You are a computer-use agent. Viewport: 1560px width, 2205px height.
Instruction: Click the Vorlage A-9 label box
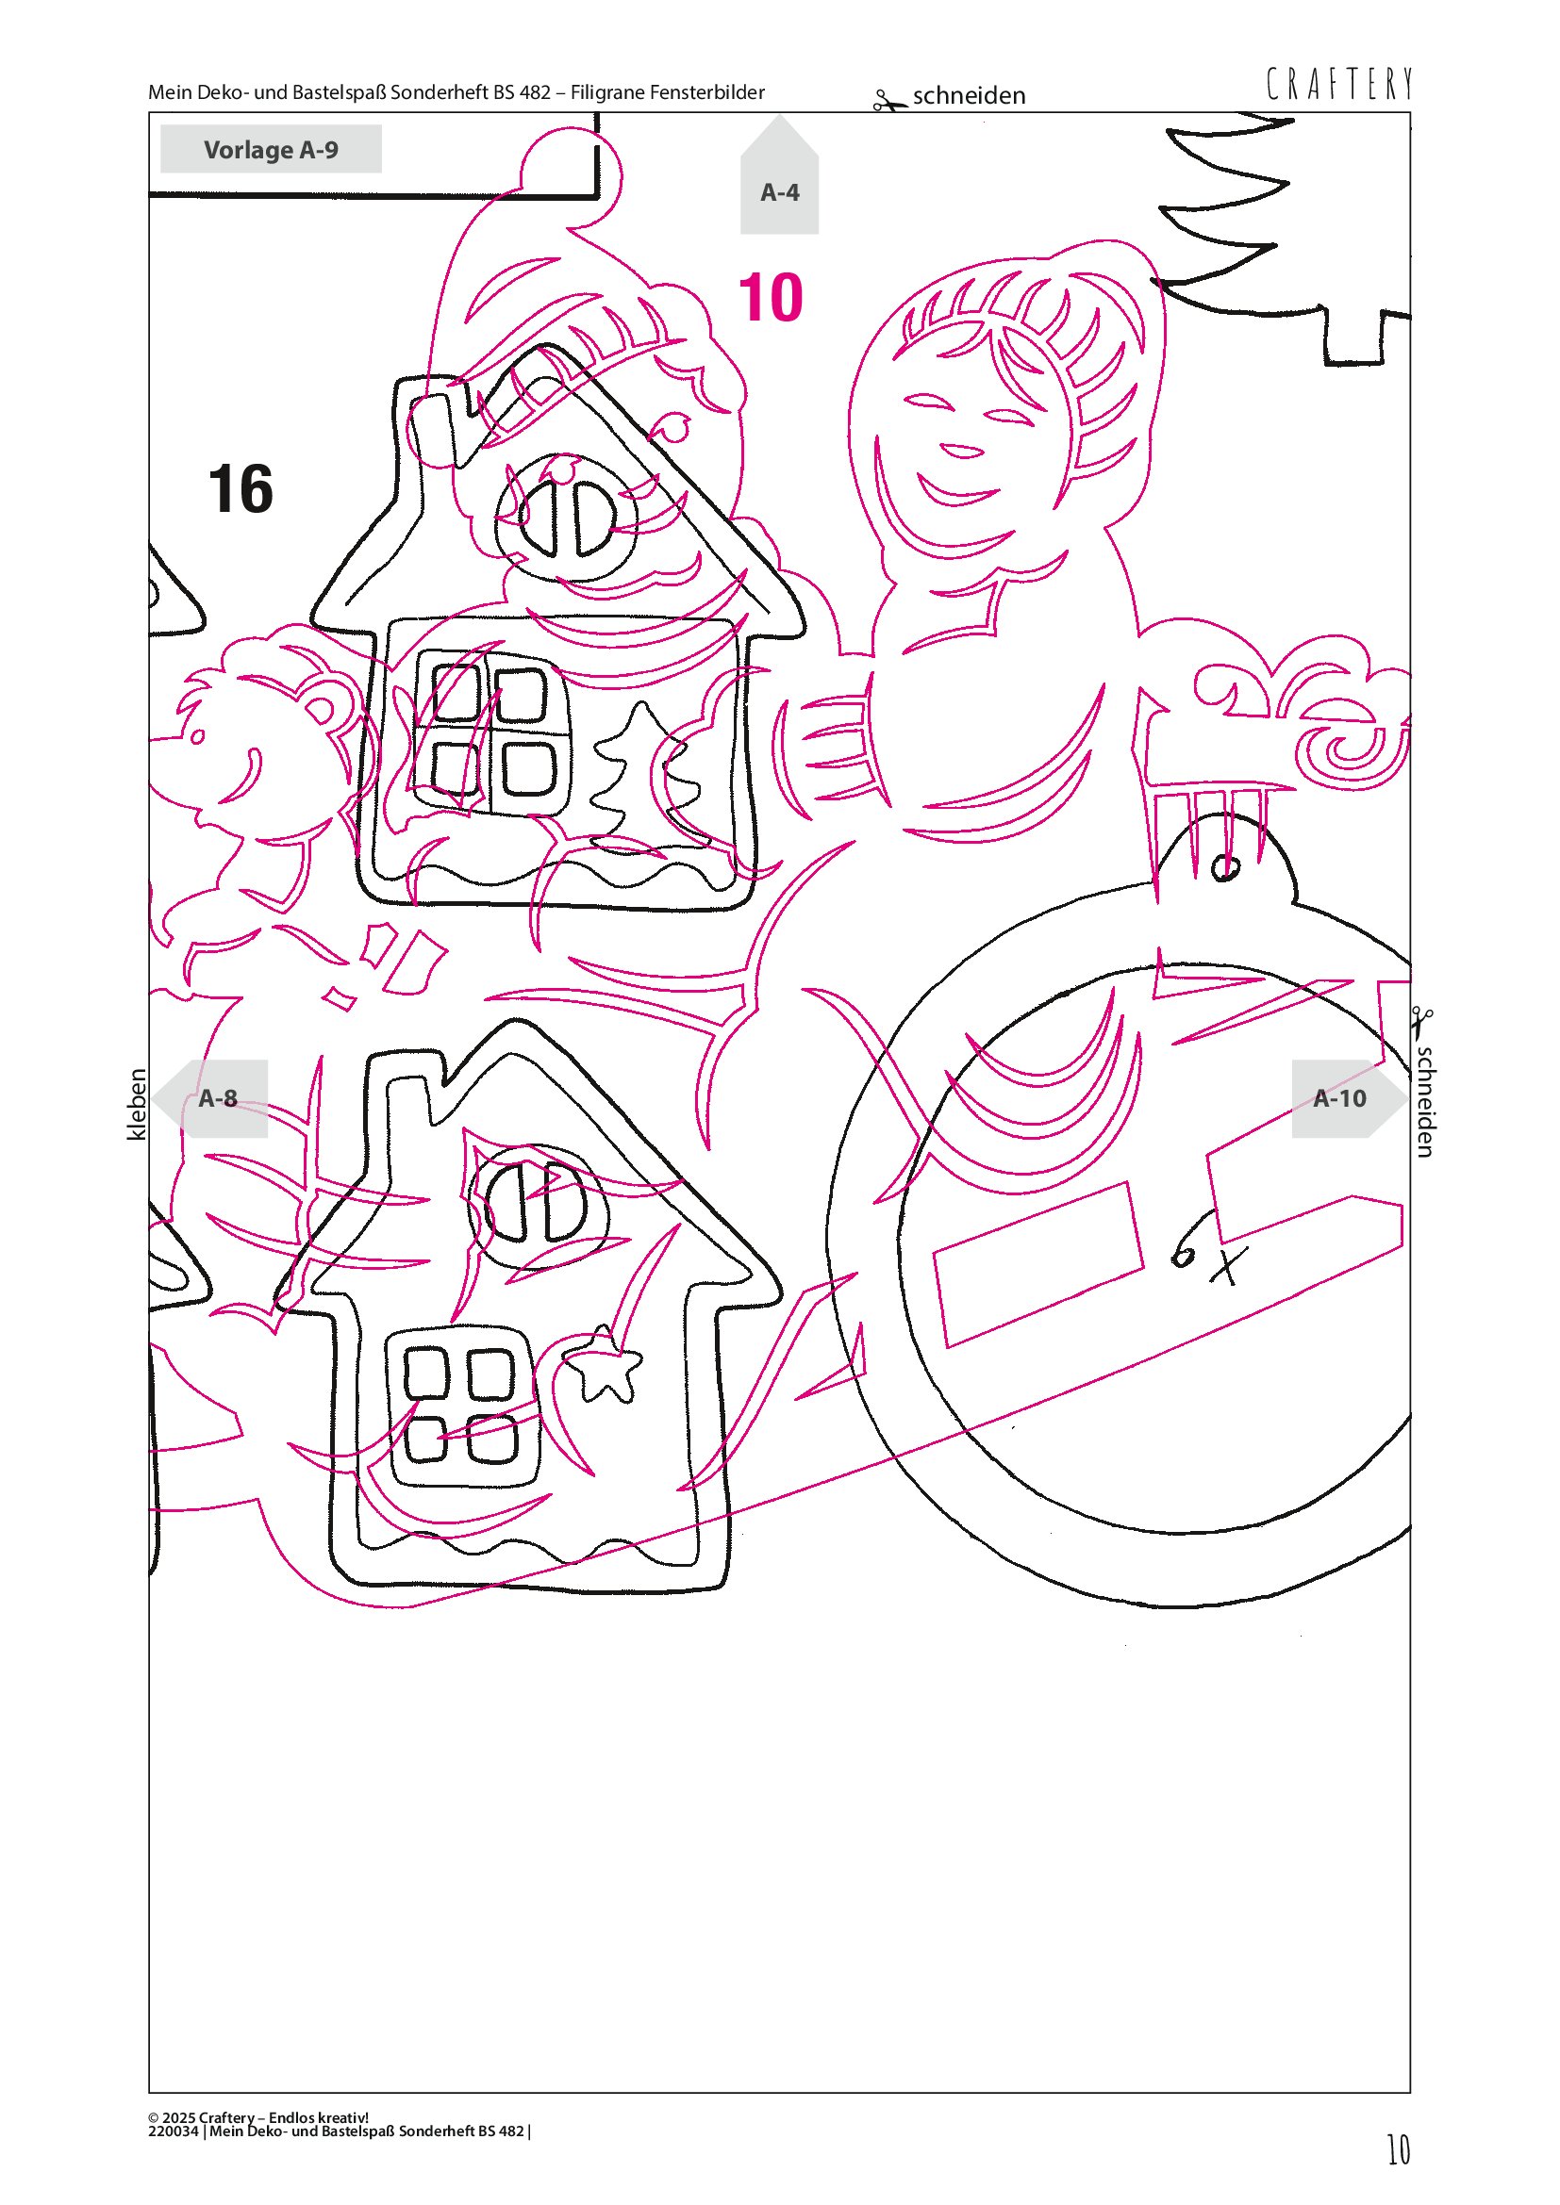pyautogui.click(x=271, y=149)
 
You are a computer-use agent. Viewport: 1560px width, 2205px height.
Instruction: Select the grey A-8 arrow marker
pyautogui.click(x=210, y=1098)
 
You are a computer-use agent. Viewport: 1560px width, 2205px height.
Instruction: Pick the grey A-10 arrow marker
pyautogui.click(x=1349, y=1098)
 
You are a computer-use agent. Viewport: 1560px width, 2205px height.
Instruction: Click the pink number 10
pyautogui.click(x=771, y=298)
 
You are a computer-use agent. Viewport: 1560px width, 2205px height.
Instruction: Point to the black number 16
pyautogui.click(x=241, y=489)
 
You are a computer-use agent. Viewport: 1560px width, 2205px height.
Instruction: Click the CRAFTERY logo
pyautogui.click(x=1339, y=85)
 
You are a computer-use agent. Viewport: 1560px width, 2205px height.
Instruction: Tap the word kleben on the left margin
pyautogui.click(x=138, y=1105)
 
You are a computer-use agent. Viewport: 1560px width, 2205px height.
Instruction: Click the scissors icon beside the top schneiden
pyautogui.click(x=888, y=100)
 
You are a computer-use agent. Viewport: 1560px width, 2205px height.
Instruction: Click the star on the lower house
pyautogui.click(x=603, y=1364)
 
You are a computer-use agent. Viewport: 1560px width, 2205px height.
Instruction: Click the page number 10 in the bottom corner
pyautogui.click(x=1399, y=2149)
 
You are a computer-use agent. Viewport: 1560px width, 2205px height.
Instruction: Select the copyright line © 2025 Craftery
pyautogui.click(x=258, y=2116)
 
